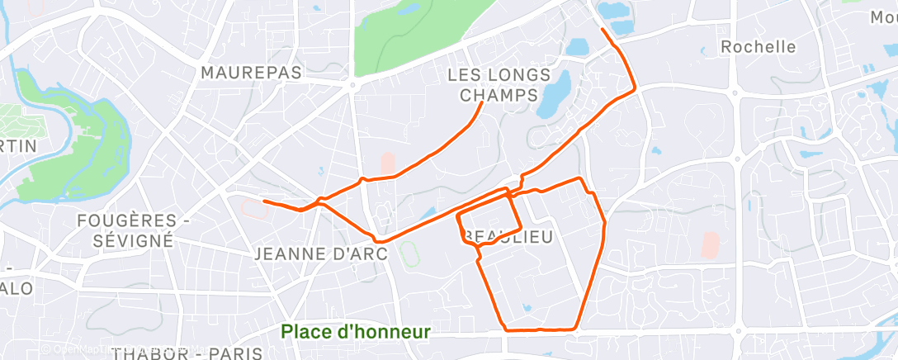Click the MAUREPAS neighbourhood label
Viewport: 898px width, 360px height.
point(252,73)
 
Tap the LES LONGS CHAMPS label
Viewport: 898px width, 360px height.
point(499,85)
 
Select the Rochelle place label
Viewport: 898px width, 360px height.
point(759,47)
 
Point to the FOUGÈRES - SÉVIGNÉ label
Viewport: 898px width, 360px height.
point(126,230)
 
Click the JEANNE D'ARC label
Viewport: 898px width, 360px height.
point(321,253)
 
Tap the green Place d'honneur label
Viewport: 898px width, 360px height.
point(356,332)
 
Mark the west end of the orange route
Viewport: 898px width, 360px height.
point(263,201)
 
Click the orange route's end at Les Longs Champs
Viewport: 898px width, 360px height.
point(482,103)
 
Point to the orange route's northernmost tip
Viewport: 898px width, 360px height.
point(603,30)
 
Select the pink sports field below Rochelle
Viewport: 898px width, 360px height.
point(710,244)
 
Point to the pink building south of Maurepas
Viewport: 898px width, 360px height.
point(387,163)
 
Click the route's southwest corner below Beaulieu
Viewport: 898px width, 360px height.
point(505,329)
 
